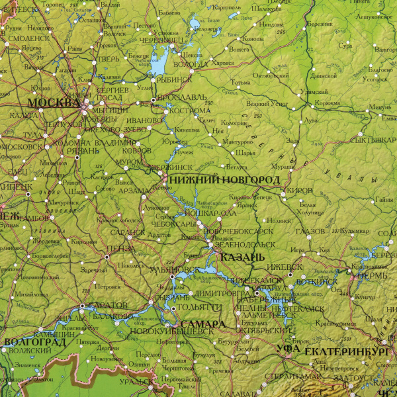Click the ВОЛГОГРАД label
[34, 341]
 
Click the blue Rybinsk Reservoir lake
[159, 65]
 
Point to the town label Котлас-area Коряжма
[327, 103]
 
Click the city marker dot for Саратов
[82, 306]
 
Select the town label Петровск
[107, 287]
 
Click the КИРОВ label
[300, 190]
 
